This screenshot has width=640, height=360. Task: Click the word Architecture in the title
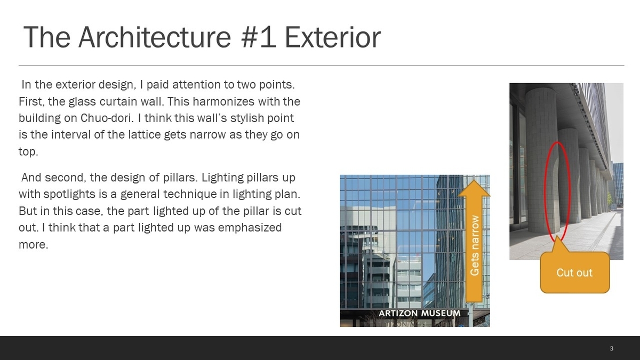point(155,37)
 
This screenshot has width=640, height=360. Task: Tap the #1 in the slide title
point(259,37)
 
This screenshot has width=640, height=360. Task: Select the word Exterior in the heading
point(333,37)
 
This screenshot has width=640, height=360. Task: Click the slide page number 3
point(611,348)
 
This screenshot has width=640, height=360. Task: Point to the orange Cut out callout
point(575,273)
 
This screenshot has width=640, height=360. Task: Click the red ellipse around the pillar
point(545,191)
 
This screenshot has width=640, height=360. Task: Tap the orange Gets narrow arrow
point(474,241)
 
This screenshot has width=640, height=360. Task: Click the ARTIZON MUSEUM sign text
point(419,314)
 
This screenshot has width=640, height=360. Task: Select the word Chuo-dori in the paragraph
point(107,118)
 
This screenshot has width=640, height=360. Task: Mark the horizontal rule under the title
point(322,66)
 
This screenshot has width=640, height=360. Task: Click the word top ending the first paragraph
point(28,151)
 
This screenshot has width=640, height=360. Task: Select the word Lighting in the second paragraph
point(222,178)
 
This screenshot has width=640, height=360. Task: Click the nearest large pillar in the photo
point(541,160)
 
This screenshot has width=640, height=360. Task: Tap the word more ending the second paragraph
point(33,245)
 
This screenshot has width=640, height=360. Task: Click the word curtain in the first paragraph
point(117,101)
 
